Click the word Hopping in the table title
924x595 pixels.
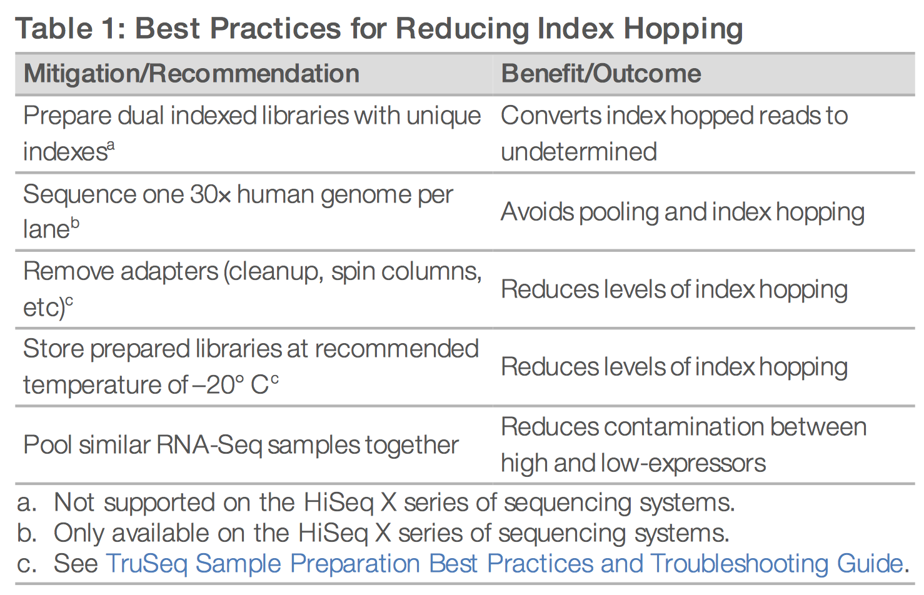click(683, 30)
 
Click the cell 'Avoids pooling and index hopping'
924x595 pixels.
click(683, 212)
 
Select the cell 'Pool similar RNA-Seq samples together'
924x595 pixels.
click(241, 446)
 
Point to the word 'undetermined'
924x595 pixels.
click(579, 152)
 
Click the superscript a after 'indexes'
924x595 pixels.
click(111, 146)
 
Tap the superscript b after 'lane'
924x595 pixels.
click(74, 223)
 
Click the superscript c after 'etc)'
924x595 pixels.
click(69, 301)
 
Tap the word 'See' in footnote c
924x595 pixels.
click(76, 564)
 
